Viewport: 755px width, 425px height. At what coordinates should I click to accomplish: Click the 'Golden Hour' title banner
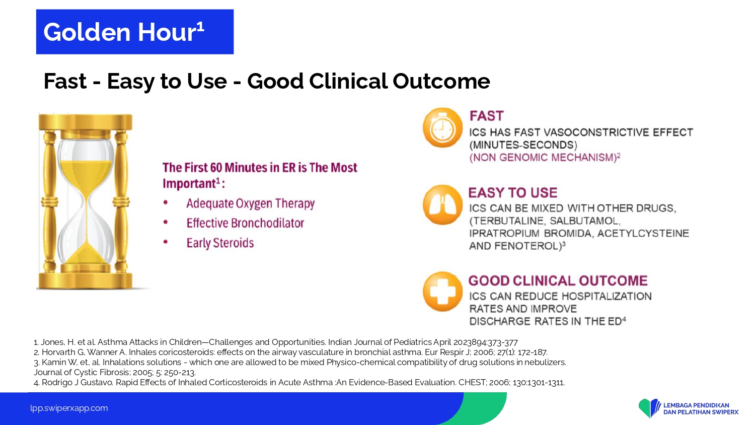click(135, 32)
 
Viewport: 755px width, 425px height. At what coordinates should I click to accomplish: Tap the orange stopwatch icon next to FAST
click(442, 128)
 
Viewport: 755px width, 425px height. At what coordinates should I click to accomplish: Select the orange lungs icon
click(442, 205)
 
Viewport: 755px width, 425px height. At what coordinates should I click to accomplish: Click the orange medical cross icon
click(442, 292)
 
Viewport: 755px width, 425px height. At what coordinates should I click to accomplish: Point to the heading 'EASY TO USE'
click(513, 192)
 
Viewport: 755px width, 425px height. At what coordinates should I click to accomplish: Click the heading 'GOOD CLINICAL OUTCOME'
click(558, 280)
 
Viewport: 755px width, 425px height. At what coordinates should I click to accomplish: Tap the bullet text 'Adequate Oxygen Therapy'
click(251, 203)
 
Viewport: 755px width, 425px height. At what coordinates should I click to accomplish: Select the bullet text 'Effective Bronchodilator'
click(246, 223)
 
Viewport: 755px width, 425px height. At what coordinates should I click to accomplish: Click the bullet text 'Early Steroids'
click(220, 243)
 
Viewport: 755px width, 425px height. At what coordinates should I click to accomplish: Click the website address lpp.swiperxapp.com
click(69, 408)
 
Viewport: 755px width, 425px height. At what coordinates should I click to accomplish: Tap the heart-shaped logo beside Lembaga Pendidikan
click(649, 408)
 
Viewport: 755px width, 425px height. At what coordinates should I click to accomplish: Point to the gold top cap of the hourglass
click(85, 122)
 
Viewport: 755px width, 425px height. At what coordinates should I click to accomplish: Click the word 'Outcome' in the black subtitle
click(441, 81)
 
